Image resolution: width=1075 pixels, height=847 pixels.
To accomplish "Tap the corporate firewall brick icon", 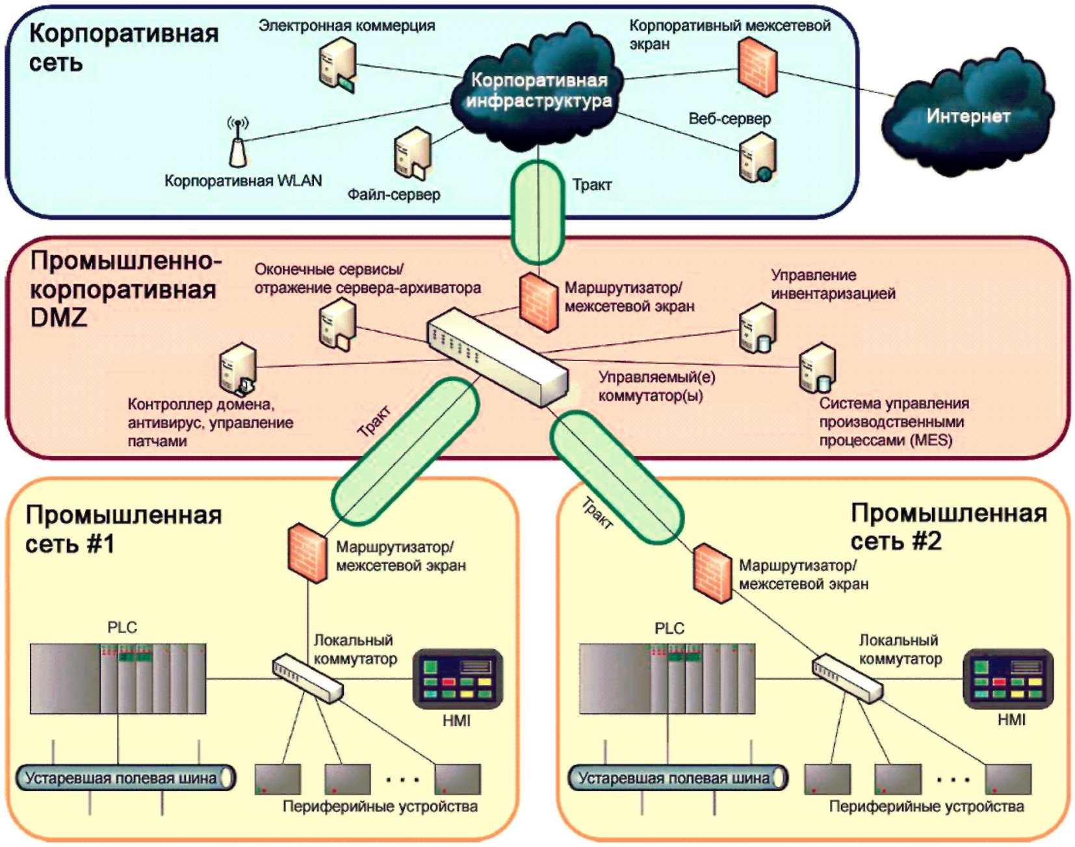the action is tap(757, 66).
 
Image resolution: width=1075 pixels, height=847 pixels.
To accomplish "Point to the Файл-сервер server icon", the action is tap(413, 154).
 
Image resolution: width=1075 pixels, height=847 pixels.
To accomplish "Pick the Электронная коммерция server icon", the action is tap(338, 64).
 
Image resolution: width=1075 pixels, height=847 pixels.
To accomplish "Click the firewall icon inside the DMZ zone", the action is tap(539, 302).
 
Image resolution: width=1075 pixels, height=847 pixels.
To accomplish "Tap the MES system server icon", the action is tap(817, 368).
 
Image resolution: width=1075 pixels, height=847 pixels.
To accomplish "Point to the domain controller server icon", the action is tap(238, 370).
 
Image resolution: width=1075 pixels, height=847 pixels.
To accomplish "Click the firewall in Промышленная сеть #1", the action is tap(307, 552).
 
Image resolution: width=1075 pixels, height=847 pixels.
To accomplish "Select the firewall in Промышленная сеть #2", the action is tap(712, 573).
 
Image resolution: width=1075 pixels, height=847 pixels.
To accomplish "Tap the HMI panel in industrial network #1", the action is tap(458, 679).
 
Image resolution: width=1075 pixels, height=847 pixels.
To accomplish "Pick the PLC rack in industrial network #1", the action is tap(118, 679).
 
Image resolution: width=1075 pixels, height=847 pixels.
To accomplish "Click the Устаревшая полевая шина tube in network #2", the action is tap(678, 777).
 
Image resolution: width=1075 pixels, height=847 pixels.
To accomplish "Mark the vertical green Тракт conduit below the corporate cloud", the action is tap(537, 212).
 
